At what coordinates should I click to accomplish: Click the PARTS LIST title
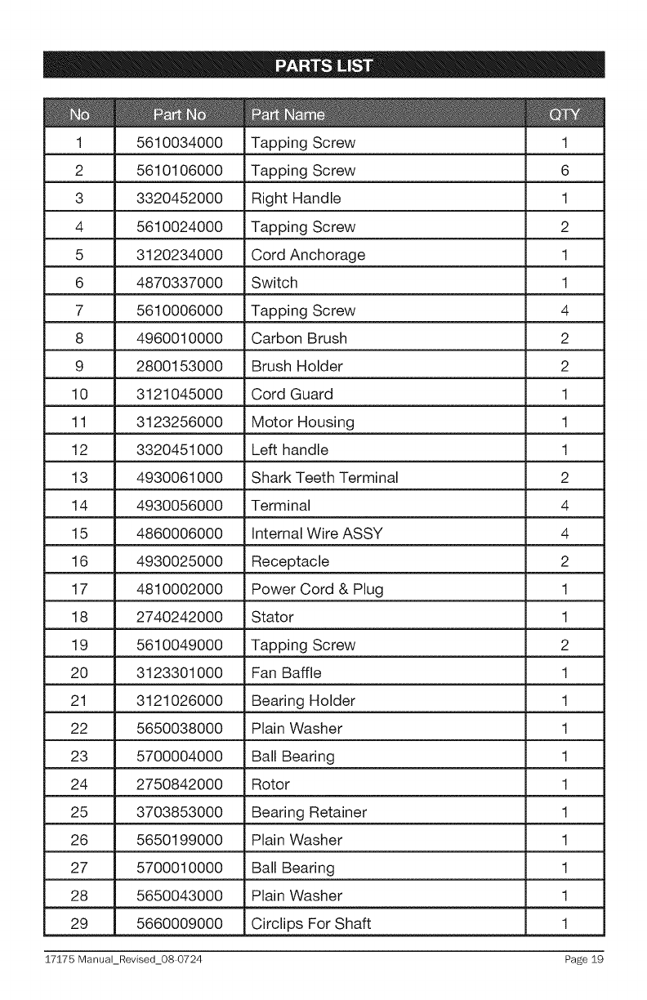click(323, 65)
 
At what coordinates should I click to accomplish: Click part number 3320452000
click(180, 199)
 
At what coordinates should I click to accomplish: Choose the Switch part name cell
click(274, 283)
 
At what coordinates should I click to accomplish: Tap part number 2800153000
click(180, 366)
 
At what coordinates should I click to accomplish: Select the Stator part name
click(272, 618)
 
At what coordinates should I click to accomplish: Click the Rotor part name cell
click(270, 785)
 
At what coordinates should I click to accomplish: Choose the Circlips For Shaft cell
click(311, 925)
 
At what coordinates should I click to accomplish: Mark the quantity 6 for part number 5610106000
click(564, 171)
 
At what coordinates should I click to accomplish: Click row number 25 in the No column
click(79, 813)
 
